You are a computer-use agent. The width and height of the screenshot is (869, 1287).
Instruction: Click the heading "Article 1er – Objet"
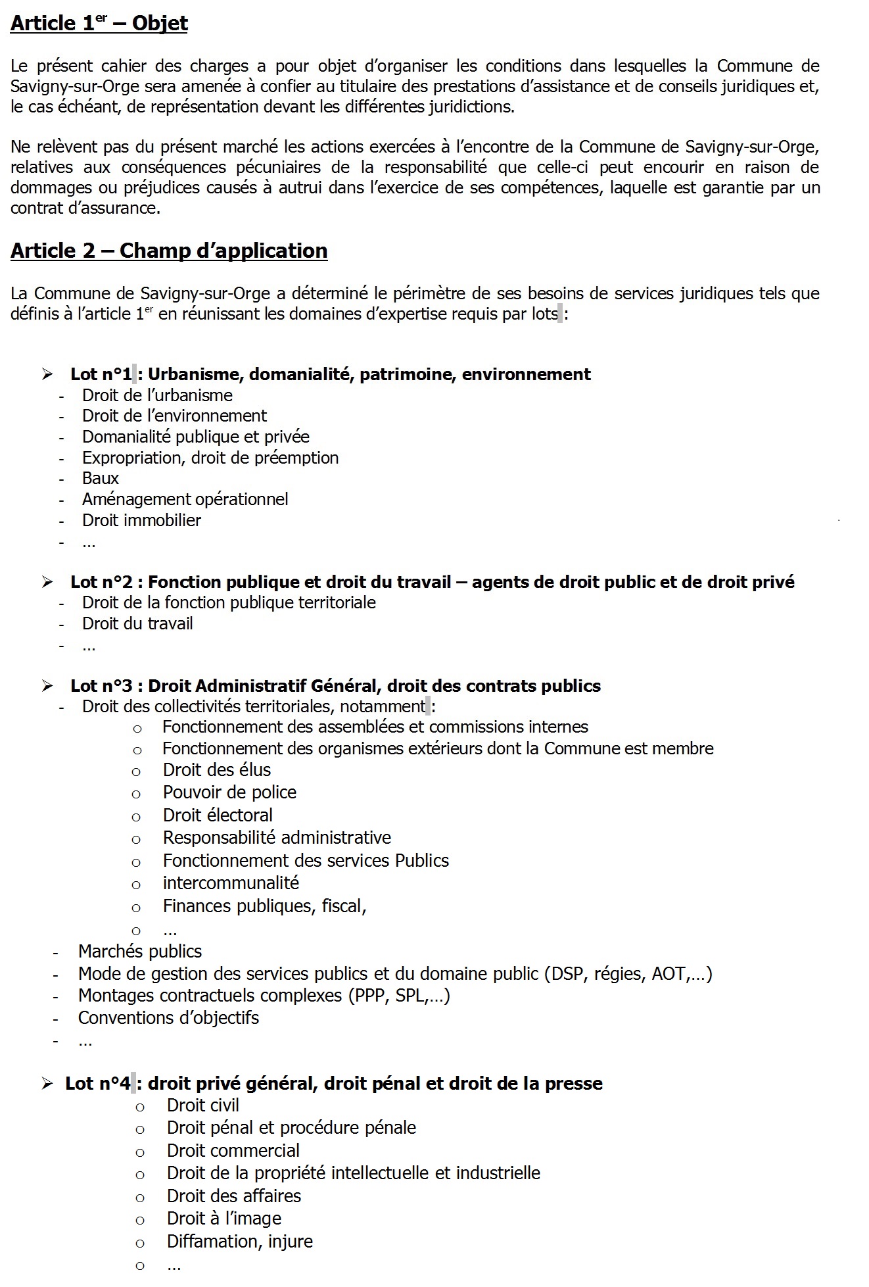coord(99,24)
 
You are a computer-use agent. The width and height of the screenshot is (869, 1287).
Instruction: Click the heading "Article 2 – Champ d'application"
coord(169,251)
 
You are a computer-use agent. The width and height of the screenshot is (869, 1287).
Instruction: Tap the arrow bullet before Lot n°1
coord(47,374)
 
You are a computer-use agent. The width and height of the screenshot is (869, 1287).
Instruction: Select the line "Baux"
coord(101,478)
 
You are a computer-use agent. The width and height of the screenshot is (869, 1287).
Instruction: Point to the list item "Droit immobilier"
coord(141,520)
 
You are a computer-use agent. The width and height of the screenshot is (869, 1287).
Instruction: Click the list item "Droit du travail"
coord(137,623)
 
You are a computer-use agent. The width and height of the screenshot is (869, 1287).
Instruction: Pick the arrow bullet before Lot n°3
coord(47,686)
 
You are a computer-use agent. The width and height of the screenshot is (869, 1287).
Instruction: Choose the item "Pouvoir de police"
coord(229,792)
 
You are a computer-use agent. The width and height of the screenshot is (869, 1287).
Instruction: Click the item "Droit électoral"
coord(218,815)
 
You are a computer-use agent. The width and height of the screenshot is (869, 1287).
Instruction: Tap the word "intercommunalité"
coord(231,883)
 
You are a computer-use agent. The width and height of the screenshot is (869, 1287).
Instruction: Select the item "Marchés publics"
coord(139,951)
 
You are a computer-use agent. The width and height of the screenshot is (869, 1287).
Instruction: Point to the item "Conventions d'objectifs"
coord(168,1018)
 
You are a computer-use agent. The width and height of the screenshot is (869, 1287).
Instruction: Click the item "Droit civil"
coord(202,1105)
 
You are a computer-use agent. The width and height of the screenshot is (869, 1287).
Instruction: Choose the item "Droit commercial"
coord(233,1150)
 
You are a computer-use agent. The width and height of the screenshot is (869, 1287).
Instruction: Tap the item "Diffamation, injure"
coord(239,1241)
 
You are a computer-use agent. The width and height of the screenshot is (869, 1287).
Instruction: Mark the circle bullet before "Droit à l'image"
coord(139,1221)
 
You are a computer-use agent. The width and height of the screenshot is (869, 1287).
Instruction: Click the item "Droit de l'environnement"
coord(174,416)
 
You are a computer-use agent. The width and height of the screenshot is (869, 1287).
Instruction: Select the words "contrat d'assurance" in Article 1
coord(85,208)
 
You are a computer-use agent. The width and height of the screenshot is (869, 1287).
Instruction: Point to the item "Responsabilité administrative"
coord(277,838)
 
